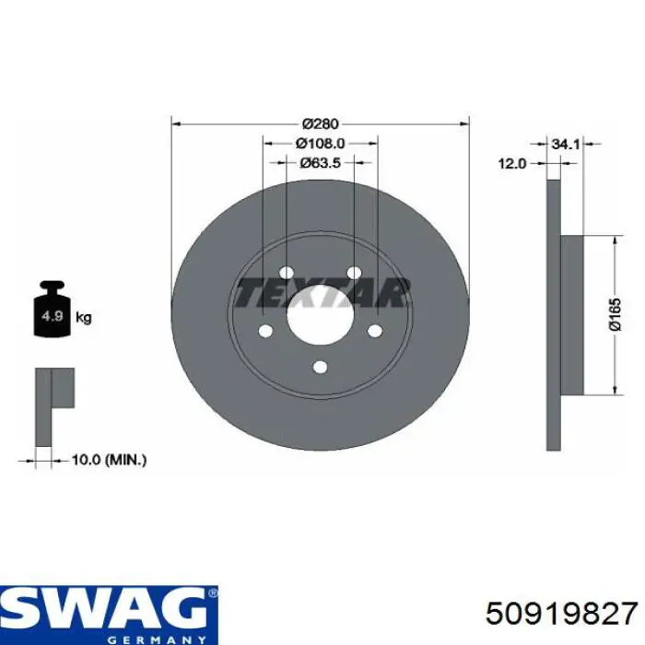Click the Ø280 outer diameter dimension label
click(x=320, y=123)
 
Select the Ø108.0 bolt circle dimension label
click(x=320, y=143)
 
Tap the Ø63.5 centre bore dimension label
click(x=320, y=163)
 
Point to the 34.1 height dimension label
click(x=565, y=144)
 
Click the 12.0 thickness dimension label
click(x=512, y=164)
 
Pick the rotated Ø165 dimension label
click(x=615, y=315)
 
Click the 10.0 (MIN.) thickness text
click(x=109, y=460)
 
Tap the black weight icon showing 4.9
click(x=53, y=309)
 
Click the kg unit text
click(x=84, y=318)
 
